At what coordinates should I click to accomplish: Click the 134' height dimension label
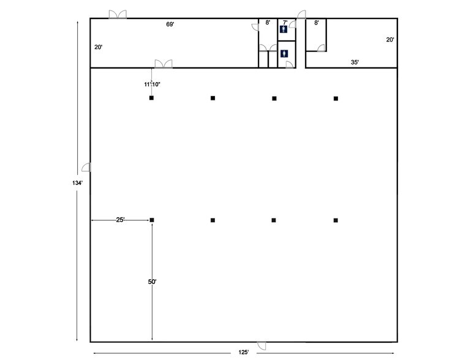pyautogui.click(x=77, y=183)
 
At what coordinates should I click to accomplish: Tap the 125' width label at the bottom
pyautogui.click(x=243, y=352)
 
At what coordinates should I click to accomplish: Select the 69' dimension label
pyautogui.click(x=170, y=24)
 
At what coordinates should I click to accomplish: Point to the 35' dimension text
pyautogui.click(x=355, y=62)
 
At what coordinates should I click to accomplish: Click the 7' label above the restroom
pyautogui.click(x=285, y=23)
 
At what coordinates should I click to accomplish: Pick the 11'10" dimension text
pyautogui.click(x=152, y=84)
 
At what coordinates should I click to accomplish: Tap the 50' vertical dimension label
pyautogui.click(x=152, y=282)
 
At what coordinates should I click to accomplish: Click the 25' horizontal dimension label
pyautogui.click(x=121, y=220)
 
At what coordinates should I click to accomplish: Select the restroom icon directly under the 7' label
pyautogui.click(x=284, y=29)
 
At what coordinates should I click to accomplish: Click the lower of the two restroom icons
pyautogui.click(x=284, y=53)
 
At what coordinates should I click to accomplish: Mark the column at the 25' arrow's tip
pyautogui.click(x=152, y=220)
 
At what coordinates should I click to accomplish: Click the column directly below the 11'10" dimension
pyautogui.click(x=152, y=98)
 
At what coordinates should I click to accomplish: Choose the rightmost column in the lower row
pyautogui.click(x=336, y=220)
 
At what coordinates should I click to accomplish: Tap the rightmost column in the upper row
pyautogui.click(x=336, y=99)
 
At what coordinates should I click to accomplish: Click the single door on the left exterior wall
pyautogui.click(x=86, y=167)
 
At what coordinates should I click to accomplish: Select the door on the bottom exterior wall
pyautogui.click(x=261, y=346)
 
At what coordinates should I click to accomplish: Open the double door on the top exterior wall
pyautogui.click(x=118, y=14)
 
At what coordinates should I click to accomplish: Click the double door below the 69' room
pyautogui.click(x=163, y=64)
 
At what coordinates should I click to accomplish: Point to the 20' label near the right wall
pyautogui.click(x=390, y=40)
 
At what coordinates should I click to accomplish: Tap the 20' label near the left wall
pyautogui.click(x=99, y=47)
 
